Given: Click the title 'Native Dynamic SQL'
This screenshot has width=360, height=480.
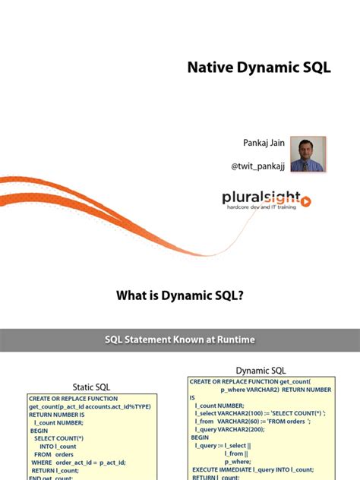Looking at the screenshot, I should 259,68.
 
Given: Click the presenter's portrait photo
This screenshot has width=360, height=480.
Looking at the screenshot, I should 308,153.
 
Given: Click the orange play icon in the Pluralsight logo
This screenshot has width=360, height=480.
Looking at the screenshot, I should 305,201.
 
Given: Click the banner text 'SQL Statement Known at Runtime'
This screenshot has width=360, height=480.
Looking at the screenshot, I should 179,339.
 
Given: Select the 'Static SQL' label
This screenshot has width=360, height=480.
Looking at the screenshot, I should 93,387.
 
